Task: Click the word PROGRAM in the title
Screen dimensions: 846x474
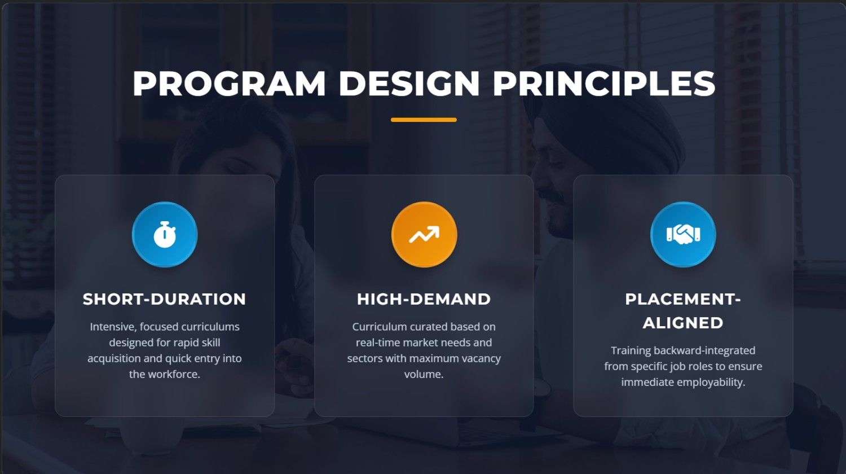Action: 229,84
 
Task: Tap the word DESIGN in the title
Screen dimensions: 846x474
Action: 409,84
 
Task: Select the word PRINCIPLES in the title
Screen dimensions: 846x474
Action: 604,84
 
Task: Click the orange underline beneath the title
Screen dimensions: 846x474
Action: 424,120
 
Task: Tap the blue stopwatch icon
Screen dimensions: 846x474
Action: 165,234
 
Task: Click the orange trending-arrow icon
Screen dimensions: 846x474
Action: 424,234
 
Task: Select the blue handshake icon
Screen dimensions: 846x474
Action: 683,234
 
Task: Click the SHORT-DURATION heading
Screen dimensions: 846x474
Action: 164,300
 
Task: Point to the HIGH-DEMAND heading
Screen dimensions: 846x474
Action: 424,300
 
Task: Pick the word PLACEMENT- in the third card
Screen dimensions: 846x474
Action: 683,300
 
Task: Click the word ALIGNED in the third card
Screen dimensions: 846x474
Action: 683,323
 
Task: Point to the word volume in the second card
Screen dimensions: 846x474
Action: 424,374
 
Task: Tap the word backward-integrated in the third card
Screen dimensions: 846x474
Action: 704,350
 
